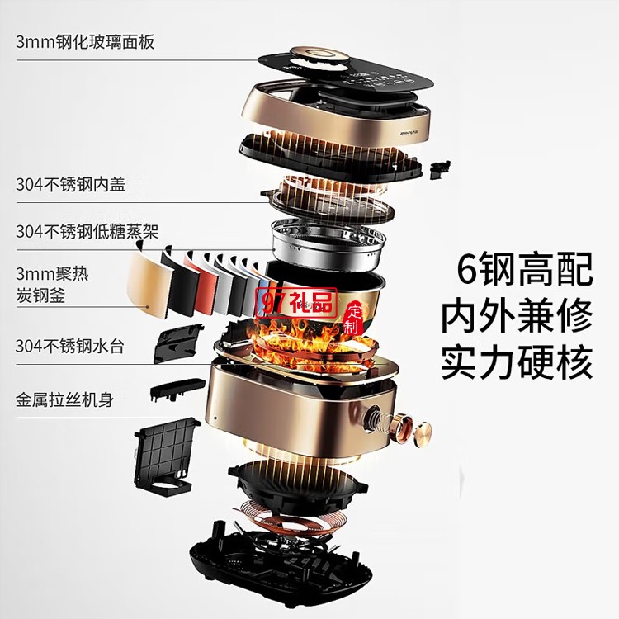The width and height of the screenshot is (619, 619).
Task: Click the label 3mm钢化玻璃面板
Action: click(85, 42)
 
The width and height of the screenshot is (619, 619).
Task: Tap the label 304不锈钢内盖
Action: click(71, 184)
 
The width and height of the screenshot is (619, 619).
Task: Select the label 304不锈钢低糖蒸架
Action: click(87, 231)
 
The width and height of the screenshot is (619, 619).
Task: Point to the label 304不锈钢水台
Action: click(70, 346)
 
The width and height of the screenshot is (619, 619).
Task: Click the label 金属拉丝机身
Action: click(64, 399)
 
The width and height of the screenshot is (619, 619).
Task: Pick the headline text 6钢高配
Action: click(525, 269)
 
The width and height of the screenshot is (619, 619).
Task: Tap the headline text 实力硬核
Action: click(517, 362)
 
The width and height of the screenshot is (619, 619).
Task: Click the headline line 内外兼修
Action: click(517, 316)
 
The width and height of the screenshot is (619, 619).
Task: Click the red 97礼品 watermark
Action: click(295, 302)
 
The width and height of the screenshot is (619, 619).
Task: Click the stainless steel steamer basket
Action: click(329, 244)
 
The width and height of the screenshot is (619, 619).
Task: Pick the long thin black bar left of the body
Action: click(177, 388)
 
